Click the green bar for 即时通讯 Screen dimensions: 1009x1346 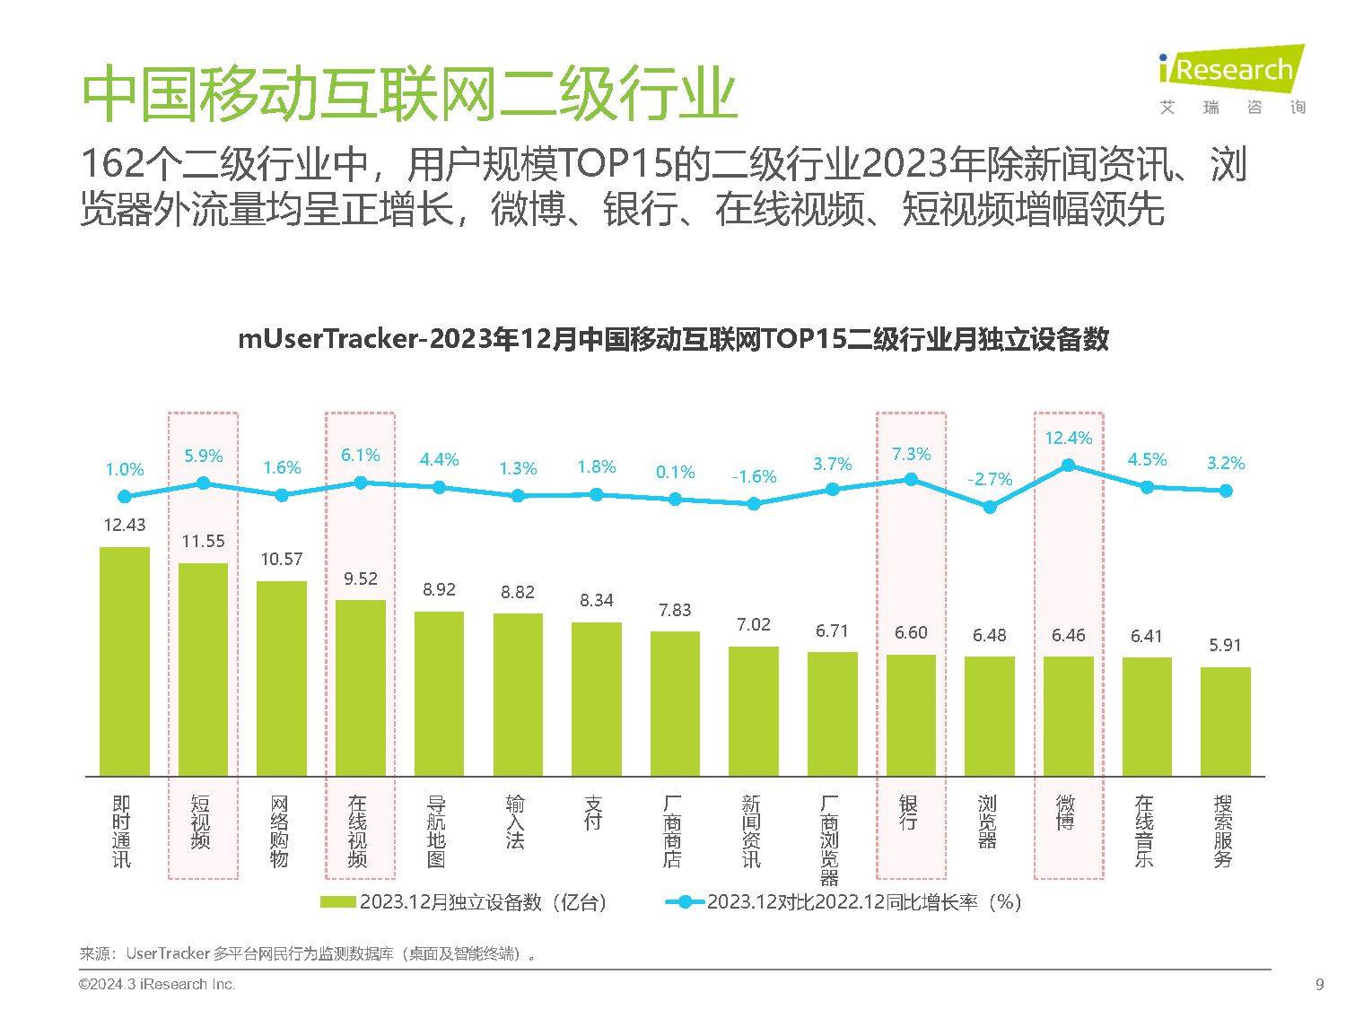click(x=124, y=661)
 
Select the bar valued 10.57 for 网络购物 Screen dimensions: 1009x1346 click(x=281, y=678)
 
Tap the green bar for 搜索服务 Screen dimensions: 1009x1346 click(x=1225, y=721)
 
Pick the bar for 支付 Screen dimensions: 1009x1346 click(x=596, y=699)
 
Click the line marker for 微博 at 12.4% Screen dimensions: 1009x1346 click(x=1068, y=465)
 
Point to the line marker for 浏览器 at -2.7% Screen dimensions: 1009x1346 click(x=990, y=507)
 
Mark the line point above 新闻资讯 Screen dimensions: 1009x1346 click(x=754, y=504)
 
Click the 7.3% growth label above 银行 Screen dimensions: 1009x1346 click(x=911, y=455)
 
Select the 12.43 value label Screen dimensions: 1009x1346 click(x=124, y=525)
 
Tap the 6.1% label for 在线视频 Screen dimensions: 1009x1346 click(x=360, y=456)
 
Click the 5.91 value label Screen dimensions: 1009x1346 click(x=1225, y=645)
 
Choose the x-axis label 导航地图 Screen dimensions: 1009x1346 click(x=437, y=831)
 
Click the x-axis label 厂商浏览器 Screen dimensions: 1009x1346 click(x=830, y=839)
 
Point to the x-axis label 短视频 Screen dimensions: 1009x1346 click(x=201, y=822)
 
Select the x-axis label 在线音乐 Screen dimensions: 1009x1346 click(x=1144, y=831)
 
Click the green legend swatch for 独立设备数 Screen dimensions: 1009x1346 click(x=338, y=902)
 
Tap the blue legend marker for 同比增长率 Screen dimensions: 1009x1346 click(x=685, y=902)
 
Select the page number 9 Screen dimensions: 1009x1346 click(x=1319, y=985)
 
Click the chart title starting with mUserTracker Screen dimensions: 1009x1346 click(x=673, y=340)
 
